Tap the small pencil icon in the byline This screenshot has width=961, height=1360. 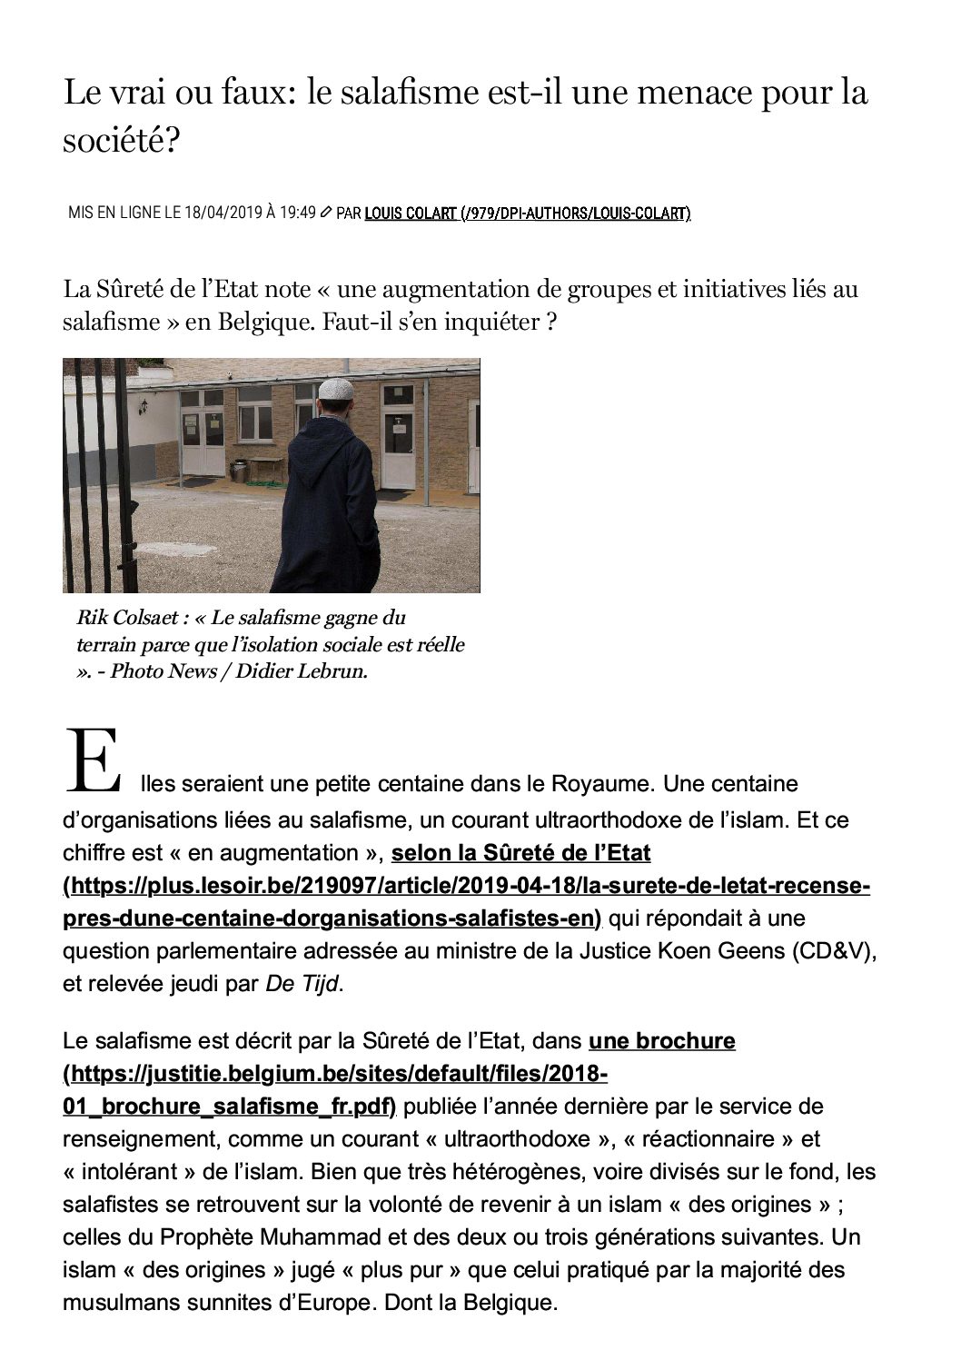point(326,213)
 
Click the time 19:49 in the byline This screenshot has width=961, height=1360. point(298,213)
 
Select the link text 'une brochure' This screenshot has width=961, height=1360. point(662,1041)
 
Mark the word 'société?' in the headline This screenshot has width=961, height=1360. point(121,139)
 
